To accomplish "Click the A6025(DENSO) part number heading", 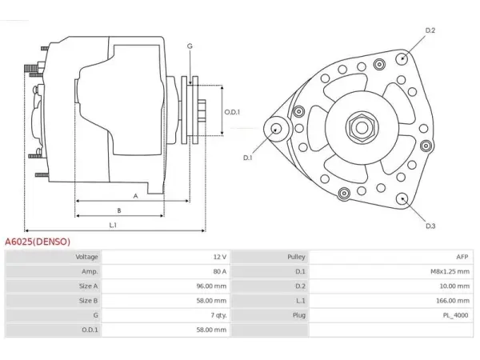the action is tap(38, 242).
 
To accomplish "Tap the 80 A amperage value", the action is tap(220, 271).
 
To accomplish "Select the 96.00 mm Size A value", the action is tap(211, 286).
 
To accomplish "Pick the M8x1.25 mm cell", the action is tap(450, 271).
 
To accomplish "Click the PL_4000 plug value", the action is tap(455, 315).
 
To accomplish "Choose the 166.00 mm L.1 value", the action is tap(453, 301).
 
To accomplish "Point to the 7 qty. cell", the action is tap(218, 315).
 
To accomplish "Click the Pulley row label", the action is tap(296, 257).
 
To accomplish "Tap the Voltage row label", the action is tap(86, 257).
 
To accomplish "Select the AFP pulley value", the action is tap(462, 257).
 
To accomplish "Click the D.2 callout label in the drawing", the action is tap(430, 30).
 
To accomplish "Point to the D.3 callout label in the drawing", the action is tap(430, 226).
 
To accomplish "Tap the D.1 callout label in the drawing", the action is tap(247, 158).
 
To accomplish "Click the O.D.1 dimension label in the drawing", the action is tap(232, 112).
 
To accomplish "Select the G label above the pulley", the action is tap(190, 46).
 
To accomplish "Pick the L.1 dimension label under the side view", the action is tap(113, 226).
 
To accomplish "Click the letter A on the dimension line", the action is tap(136, 196).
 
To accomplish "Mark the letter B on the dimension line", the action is tap(119, 210).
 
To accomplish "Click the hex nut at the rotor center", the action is tap(362, 128).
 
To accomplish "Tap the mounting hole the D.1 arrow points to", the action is tap(277, 129).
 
